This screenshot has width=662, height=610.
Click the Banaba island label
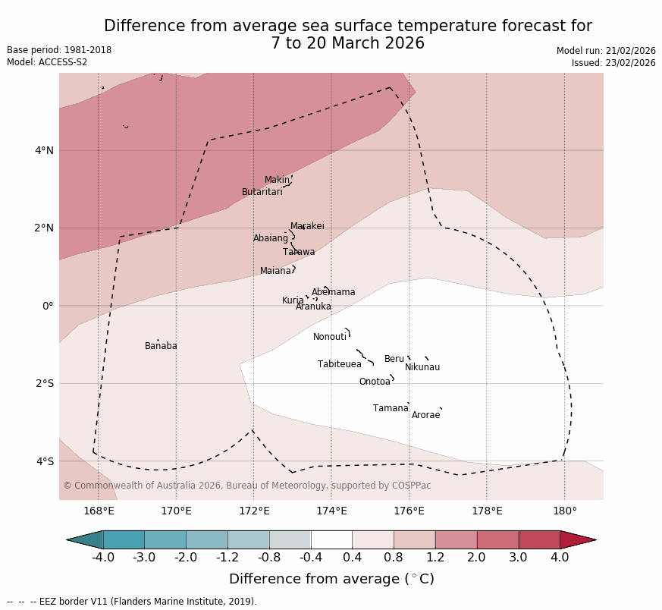(161, 346)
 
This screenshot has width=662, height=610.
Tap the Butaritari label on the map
(262, 192)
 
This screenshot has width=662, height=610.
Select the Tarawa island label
(299, 252)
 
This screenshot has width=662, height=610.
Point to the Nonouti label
(330, 337)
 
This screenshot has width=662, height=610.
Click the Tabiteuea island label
(340, 364)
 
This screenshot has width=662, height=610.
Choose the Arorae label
(425, 415)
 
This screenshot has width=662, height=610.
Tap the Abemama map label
(333, 292)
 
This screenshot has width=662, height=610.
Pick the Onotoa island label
(375, 382)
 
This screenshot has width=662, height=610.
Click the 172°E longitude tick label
(254, 511)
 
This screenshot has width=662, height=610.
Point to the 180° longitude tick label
(564, 511)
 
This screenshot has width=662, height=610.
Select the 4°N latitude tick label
(44, 150)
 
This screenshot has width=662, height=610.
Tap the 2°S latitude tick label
(44, 383)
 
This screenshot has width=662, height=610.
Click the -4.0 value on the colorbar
(103, 558)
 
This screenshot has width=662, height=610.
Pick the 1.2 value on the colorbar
(435, 558)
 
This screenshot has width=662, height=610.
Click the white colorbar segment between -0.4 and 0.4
(331, 539)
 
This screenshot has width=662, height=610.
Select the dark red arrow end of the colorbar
(576, 539)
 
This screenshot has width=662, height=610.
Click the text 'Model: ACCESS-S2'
(47, 62)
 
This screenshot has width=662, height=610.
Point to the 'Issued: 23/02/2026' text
(613, 63)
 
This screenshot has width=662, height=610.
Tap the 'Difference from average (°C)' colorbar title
(331, 579)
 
